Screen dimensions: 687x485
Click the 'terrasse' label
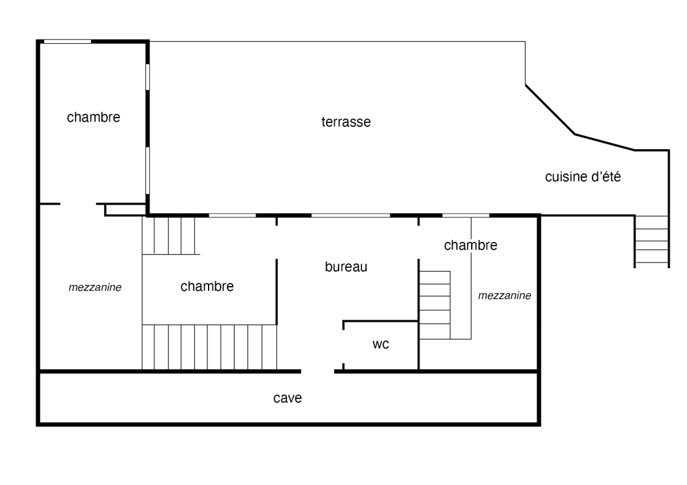tap(346, 122)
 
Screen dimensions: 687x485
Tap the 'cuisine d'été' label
tap(583, 176)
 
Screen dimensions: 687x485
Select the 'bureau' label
tap(346, 267)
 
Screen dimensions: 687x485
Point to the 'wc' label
tap(381, 344)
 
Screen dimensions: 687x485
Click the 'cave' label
tap(287, 398)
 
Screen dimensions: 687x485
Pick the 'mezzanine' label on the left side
tap(95, 287)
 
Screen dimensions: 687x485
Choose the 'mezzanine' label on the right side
tap(504, 296)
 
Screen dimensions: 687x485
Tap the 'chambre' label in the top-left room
tap(93, 117)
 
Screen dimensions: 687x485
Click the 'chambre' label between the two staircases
tap(207, 287)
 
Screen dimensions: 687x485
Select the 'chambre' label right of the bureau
tap(471, 246)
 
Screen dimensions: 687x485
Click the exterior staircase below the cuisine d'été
tap(652, 241)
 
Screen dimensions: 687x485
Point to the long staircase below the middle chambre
tap(209, 347)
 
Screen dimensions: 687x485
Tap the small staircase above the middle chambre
tap(168, 236)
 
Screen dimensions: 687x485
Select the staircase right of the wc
tap(435, 305)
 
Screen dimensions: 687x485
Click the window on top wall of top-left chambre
tap(67, 42)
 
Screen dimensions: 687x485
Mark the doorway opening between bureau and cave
tap(318, 372)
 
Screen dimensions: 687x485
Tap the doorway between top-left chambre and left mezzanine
tap(78, 204)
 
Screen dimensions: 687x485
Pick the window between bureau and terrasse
tap(350, 216)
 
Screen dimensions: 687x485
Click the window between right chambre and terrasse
tap(466, 216)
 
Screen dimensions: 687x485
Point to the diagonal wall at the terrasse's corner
tap(551, 110)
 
